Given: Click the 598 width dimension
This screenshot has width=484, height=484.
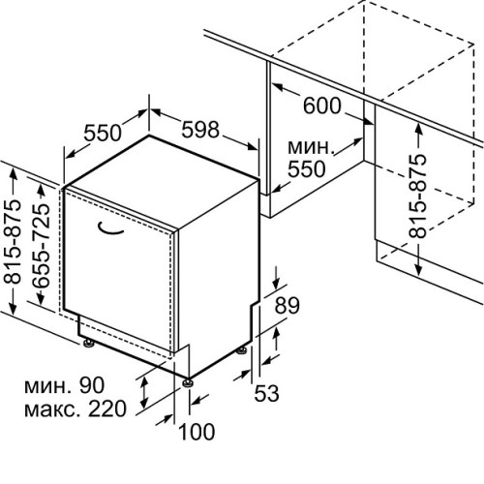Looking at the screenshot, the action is coord(200,130).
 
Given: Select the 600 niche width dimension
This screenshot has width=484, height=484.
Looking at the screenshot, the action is coord(321,106).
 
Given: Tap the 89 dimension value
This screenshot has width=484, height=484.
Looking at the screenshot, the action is coord(287,305).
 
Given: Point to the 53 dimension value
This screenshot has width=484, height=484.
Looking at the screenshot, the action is coord(266,393).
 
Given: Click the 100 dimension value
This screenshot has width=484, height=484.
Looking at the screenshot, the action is coord(197,432).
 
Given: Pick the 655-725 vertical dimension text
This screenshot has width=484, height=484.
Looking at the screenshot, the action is coord(42,246).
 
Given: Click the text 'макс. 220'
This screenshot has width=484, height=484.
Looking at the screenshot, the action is coord(76,408).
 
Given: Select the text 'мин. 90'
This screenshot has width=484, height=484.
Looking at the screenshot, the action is coord(65,385).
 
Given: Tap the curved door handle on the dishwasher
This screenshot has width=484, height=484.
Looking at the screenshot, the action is coord(110,228).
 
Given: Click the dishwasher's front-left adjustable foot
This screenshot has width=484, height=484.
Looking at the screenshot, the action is coord(88,343).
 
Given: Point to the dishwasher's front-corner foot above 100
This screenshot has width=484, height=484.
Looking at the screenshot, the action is coord(188,382).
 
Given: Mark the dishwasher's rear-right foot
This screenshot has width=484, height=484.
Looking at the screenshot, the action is coord(242,350).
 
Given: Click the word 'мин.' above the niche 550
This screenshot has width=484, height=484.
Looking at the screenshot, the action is coord(310,147).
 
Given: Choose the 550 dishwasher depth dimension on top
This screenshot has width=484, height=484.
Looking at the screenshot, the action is coord(103,133).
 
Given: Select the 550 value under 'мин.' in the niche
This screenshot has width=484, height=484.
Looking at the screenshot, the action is coord(307,168).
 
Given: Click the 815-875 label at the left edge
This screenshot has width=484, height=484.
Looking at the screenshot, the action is coord(13,241).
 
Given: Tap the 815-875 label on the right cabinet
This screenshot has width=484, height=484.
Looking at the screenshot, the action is coord(417,197).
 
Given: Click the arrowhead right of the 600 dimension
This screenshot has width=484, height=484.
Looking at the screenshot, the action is coord(369,121).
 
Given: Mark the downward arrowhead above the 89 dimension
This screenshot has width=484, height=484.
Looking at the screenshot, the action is coord(277,284).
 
